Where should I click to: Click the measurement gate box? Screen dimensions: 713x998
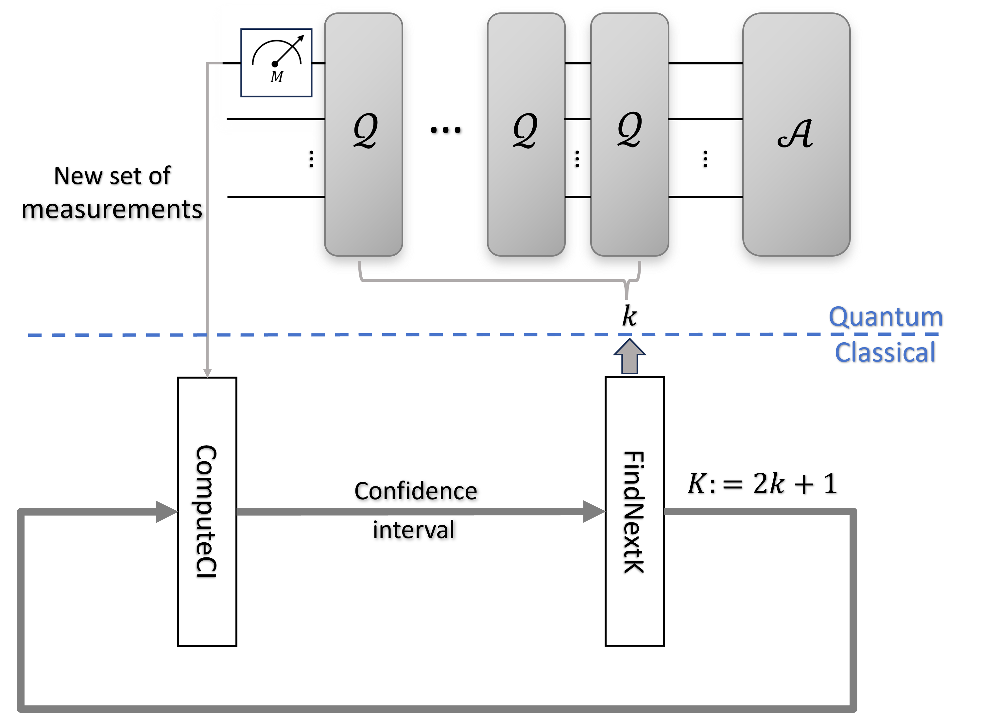(x=276, y=62)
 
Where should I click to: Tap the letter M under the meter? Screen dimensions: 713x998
(x=277, y=77)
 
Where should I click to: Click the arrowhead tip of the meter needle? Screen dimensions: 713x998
(x=302, y=37)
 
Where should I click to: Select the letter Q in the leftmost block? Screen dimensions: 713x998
(x=365, y=130)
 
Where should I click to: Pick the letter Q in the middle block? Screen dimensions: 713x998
(x=525, y=130)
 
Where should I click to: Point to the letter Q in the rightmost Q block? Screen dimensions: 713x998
(x=629, y=129)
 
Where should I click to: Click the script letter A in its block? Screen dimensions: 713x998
(x=795, y=134)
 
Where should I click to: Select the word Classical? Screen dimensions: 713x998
(x=885, y=352)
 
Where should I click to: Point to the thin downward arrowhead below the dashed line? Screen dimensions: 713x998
(x=208, y=373)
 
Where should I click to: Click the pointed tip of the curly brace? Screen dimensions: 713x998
(x=627, y=298)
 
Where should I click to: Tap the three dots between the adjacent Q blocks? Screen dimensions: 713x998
(x=576, y=159)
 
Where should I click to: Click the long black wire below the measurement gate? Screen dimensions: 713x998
(x=275, y=119)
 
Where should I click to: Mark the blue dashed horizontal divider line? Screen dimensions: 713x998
(x=439, y=335)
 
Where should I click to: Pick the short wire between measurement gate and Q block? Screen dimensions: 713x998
(x=318, y=63)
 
